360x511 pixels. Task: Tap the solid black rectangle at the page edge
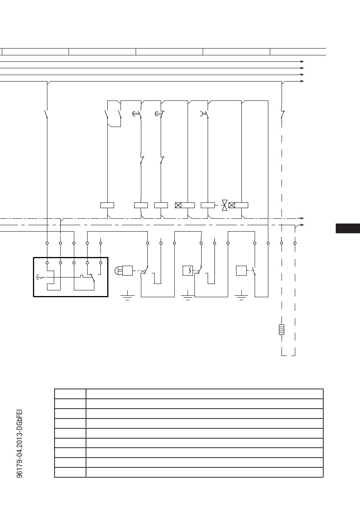pos(348,228)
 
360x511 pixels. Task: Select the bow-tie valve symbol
pos(225,205)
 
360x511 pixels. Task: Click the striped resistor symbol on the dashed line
pos(282,330)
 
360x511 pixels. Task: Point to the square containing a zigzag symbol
pos(188,271)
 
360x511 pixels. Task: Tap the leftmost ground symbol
pos(127,295)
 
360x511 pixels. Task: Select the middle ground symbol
pos(188,295)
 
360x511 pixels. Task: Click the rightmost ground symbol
pos(241,295)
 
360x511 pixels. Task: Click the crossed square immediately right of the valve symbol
pos(232,205)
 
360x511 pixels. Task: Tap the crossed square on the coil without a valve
pos(178,205)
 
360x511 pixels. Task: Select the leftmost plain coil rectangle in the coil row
pos(107,205)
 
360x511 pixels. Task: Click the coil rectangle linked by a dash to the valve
pos(208,205)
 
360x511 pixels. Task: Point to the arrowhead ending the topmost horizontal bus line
pos(302,61)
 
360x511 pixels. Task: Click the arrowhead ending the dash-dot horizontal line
pos(302,218)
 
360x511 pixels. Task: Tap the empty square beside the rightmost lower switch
pos(241,271)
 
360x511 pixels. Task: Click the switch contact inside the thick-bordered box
pos(92,277)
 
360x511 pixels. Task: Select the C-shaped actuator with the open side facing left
pos(202,114)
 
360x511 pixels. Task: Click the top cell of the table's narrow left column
pos(70,394)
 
